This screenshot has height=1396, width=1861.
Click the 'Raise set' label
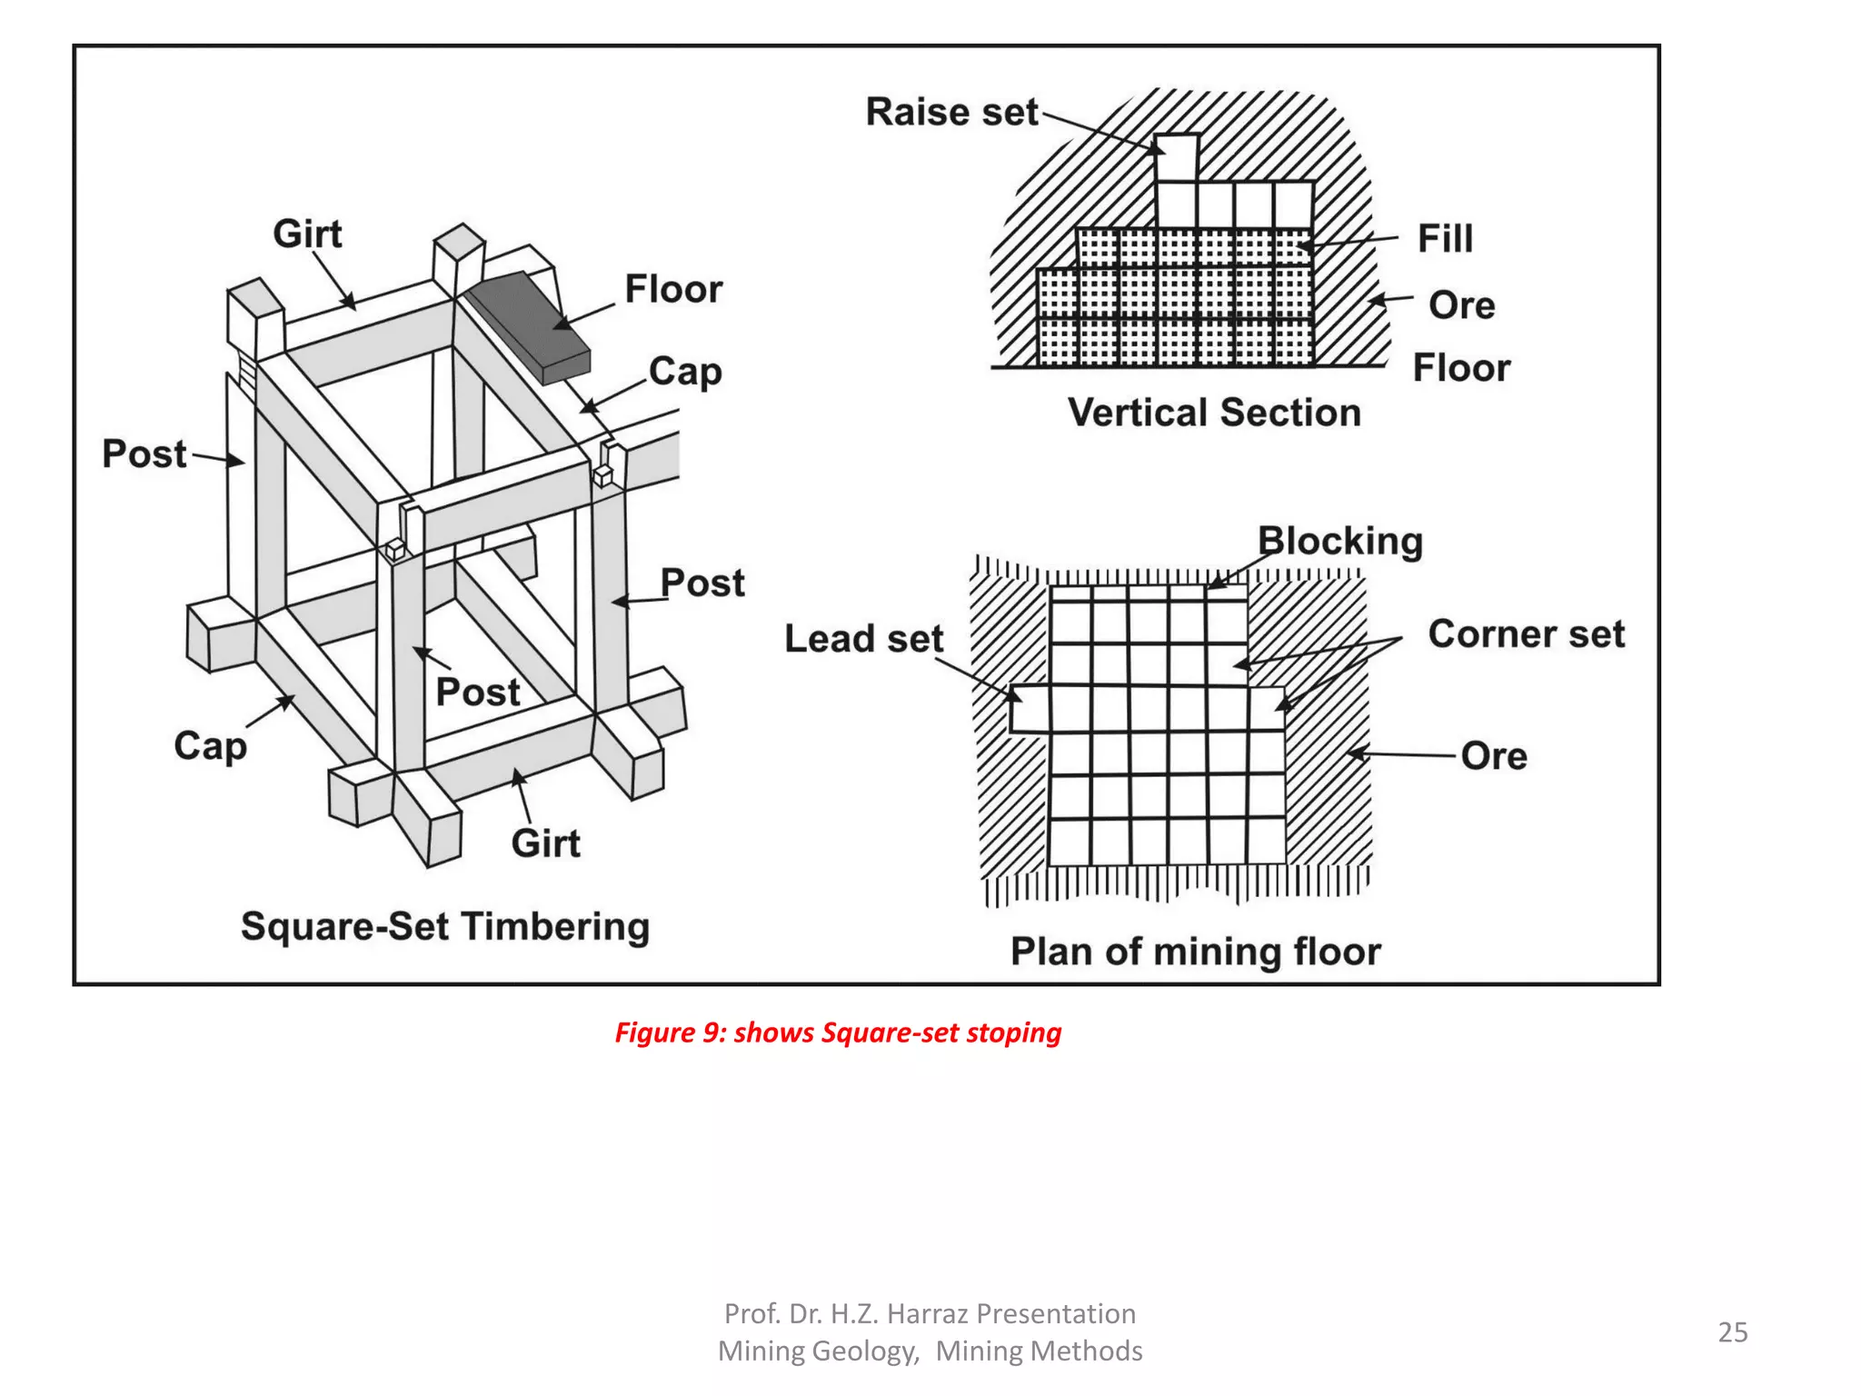pyautogui.click(x=950, y=113)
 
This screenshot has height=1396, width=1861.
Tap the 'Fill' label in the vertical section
pyautogui.click(x=1445, y=239)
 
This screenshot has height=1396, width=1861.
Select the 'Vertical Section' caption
pyautogui.click(x=1213, y=413)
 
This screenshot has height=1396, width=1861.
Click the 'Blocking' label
pyautogui.click(x=1339, y=541)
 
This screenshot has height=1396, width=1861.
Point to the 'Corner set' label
pyautogui.click(x=1526, y=634)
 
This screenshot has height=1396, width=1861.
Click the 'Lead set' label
pyautogui.click(x=863, y=639)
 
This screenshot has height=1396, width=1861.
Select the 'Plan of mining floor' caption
pyautogui.click(x=1195, y=952)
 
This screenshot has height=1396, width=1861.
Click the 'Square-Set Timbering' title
pyautogui.click(x=445, y=927)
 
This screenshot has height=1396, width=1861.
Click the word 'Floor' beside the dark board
pyautogui.click(x=673, y=290)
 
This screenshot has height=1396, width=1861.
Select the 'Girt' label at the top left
pyautogui.click(x=307, y=234)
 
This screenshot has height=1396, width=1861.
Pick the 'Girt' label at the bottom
pyautogui.click(x=545, y=843)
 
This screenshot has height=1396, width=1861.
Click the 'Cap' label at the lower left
pyautogui.click(x=210, y=746)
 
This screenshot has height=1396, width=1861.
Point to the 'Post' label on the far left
pyautogui.click(x=144, y=454)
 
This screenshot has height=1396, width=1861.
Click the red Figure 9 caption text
pyautogui.click(x=838, y=1032)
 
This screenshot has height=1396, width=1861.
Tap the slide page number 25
pyautogui.click(x=1732, y=1332)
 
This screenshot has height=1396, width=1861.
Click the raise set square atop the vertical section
pyautogui.click(x=1177, y=157)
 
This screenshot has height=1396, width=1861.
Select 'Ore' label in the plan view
pyautogui.click(x=1493, y=756)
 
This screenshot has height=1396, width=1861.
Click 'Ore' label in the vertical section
pyautogui.click(x=1461, y=305)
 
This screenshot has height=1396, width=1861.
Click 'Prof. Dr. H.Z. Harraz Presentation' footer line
pyautogui.click(x=930, y=1313)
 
